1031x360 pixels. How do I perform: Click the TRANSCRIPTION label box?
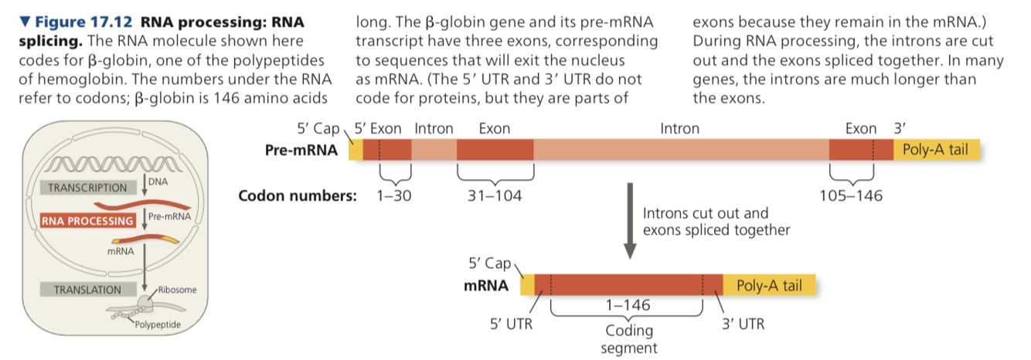click(x=87, y=188)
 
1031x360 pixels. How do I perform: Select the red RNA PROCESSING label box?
click(x=87, y=221)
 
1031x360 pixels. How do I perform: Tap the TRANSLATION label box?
click(x=87, y=290)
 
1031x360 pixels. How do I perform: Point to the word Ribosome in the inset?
click(x=179, y=290)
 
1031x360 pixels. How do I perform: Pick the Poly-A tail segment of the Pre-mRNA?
click(x=935, y=150)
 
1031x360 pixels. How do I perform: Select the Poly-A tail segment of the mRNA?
click(x=768, y=286)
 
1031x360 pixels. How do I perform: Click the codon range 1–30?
click(x=393, y=196)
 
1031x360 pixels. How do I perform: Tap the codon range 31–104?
click(x=495, y=196)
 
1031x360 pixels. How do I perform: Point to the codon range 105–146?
click(x=851, y=196)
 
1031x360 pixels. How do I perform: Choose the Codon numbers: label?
click(x=298, y=196)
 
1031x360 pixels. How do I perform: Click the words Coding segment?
click(x=629, y=339)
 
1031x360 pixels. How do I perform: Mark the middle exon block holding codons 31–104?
click(x=495, y=150)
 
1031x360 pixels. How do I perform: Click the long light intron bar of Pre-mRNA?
click(x=680, y=150)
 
